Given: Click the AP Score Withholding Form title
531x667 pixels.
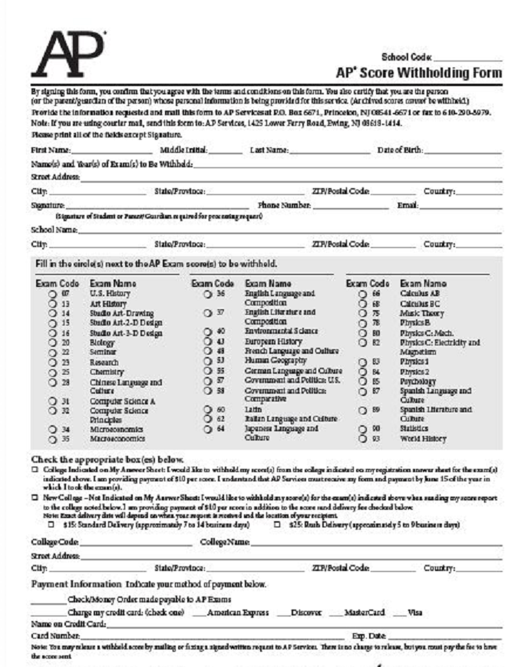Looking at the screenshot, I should (419, 73).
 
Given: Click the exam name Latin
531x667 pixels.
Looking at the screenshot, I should (252, 409).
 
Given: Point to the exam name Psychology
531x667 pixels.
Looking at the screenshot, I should (417, 380).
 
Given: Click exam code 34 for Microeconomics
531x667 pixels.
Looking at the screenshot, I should (66, 429).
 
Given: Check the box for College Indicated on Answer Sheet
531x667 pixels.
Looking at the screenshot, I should (35, 468).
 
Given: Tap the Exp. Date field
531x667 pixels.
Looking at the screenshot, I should (445, 636).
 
